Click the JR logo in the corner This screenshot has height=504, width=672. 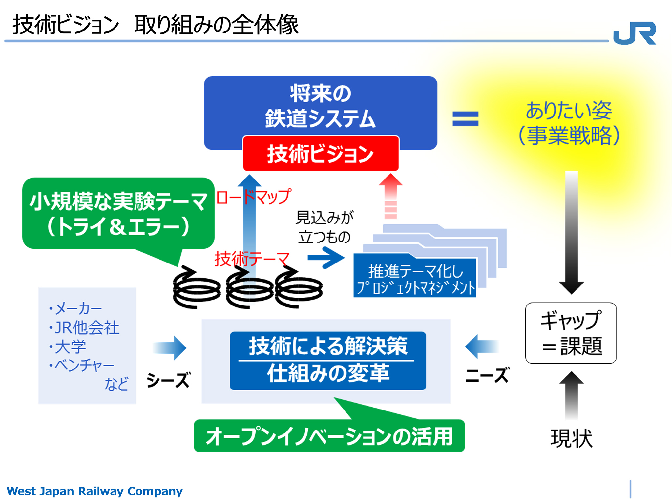[x=634, y=33]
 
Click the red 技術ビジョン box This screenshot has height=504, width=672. [x=321, y=153]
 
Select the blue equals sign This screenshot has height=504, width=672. [x=465, y=119]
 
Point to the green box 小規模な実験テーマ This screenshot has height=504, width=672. [x=118, y=213]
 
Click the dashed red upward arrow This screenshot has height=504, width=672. [x=390, y=196]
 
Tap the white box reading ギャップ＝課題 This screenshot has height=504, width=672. [x=571, y=333]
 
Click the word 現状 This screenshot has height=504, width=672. [x=572, y=438]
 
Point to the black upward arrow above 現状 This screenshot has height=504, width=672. [x=571, y=395]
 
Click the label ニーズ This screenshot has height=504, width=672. [x=488, y=375]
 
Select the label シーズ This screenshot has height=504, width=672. [x=168, y=380]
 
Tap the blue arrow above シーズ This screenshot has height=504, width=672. [x=170, y=348]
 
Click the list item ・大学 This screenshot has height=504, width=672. [x=68, y=346]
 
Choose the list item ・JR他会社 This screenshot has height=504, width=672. [x=84, y=327]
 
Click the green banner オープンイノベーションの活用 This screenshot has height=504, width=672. [x=329, y=436]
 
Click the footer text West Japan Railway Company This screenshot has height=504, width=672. [x=94, y=491]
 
